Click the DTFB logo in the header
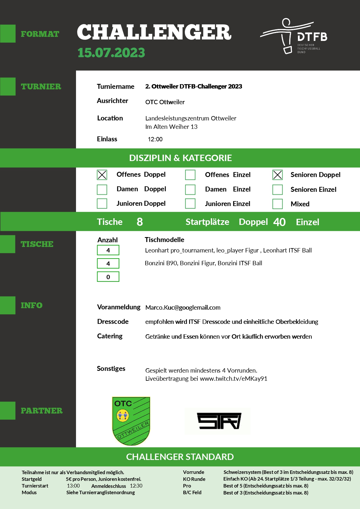pyautogui.click(x=294, y=37)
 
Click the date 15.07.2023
pyautogui.click(x=111, y=53)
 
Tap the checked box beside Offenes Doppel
pyautogui.click(x=102, y=175)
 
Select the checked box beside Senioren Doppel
pyautogui.click(x=277, y=175)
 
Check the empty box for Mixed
pyautogui.click(x=277, y=204)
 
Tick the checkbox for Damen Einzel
pyautogui.click(x=190, y=189)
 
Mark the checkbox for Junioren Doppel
pyautogui.click(x=102, y=203)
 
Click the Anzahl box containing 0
pyautogui.click(x=108, y=277)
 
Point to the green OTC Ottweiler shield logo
pyautogui.click(x=131, y=421)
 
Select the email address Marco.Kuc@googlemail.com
pyautogui.click(x=183, y=308)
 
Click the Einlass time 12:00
pyautogui.click(x=155, y=139)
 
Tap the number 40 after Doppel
pyautogui.click(x=279, y=222)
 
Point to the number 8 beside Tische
pyautogui.click(x=140, y=222)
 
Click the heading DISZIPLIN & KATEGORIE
pyautogui.click(x=180, y=158)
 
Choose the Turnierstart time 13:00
pyautogui.click(x=73, y=486)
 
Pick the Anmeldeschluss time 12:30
pyautogui.click(x=136, y=486)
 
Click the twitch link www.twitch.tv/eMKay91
pyautogui.click(x=234, y=379)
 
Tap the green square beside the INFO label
pyautogui.click(x=8, y=305)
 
